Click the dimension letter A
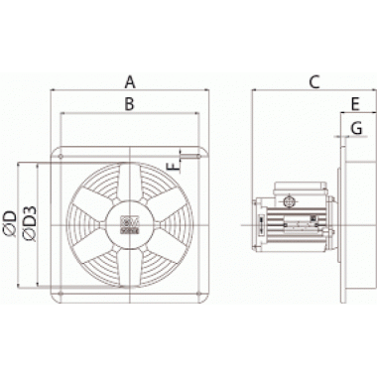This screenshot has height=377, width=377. pos(131,79)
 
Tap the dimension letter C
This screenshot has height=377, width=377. pos(314,80)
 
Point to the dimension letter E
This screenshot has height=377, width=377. pos(353,102)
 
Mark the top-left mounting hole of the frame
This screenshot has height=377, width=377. pos(62,155)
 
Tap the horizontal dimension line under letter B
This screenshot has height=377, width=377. pos(131,114)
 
